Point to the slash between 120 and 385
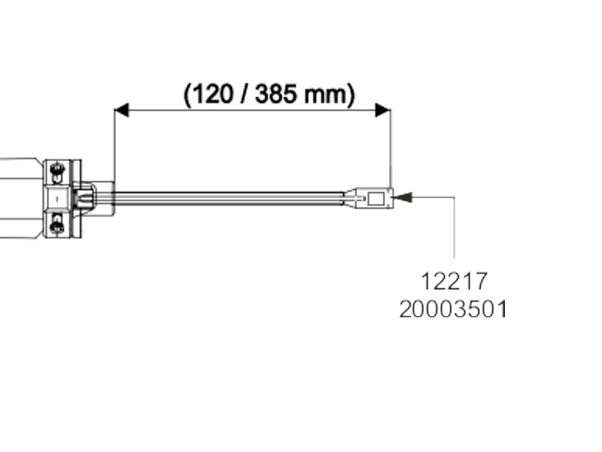[x=244, y=94]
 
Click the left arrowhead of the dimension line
[x=121, y=110]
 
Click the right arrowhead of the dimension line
[x=383, y=110]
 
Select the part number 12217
[x=454, y=281]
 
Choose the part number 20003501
[x=453, y=309]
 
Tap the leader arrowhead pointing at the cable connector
[x=403, y=197]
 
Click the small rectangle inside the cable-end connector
[x=374, y=198]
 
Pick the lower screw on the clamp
[x=57, y=224]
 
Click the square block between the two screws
[x=57, y=199]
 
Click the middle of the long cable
[x=229, y=198]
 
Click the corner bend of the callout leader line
[x=454, y=198]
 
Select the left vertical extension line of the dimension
[x=114, y=147]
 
